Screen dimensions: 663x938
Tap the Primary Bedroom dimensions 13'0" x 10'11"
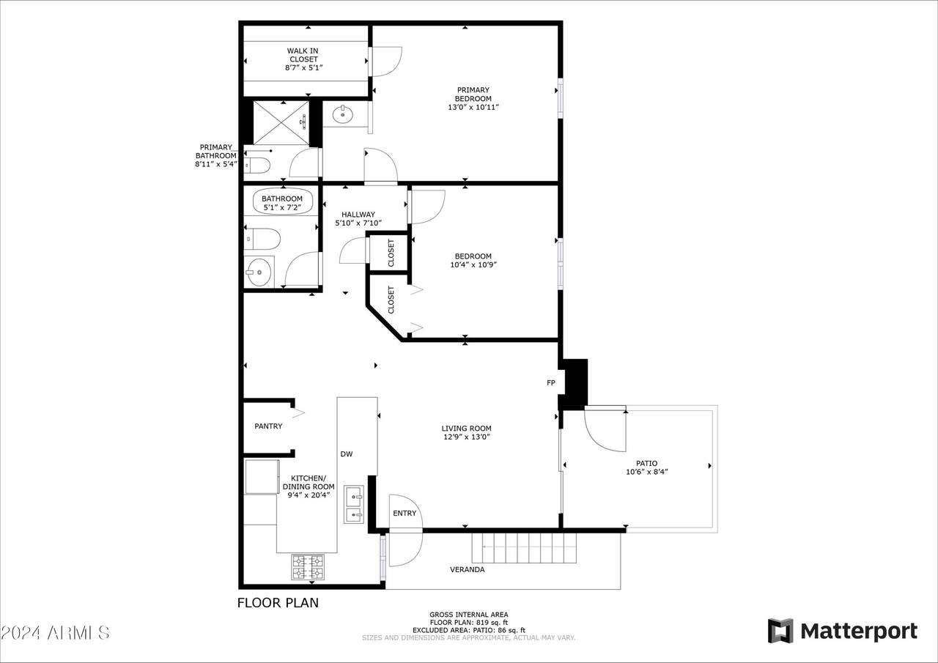[x=473, y=108]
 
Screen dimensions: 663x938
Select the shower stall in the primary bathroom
[x=281, y=122]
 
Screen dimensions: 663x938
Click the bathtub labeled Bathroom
[x=283, y=201]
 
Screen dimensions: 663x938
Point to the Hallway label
[x=358, y=215]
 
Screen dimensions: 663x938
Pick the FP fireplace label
[x=550, y=383]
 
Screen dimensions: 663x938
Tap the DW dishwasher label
[x=347, y=454]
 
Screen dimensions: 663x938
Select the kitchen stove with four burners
[x=308, y=567]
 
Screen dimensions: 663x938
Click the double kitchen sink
[x=355, y=506]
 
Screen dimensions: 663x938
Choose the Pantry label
[x=268, y=426]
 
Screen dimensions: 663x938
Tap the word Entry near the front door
[x=405, y=514]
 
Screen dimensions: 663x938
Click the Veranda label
[x=467, y=569]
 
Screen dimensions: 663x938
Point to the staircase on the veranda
[x=524, y=548]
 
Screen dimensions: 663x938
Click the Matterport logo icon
[x=780, y=631]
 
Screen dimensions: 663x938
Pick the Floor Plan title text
[x=278, y=604]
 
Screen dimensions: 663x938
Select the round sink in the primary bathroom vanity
[x=341, y=114]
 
